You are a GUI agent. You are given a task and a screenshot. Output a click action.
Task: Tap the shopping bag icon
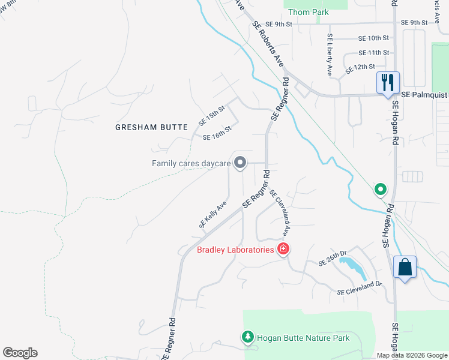pos(405,267)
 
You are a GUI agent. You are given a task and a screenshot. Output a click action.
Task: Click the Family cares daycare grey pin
pos(240,163)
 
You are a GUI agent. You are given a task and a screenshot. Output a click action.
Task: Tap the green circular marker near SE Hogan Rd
pos(380,190)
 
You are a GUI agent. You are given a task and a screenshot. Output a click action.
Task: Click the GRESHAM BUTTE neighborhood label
pos(151,127)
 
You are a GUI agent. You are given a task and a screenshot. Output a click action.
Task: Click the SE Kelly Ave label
pos(213,214)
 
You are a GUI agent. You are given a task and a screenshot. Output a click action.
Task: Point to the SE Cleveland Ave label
pos(280,213)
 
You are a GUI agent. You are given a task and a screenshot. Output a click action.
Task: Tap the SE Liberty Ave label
pos(330,54)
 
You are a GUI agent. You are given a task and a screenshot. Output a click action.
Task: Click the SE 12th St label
pos(360,70)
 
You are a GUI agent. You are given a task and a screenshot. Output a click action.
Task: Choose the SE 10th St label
pos(373,38)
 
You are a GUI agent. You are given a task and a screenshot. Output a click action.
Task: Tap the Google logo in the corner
pos(20,353)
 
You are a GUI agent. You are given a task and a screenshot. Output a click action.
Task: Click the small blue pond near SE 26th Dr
pos(353,268)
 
